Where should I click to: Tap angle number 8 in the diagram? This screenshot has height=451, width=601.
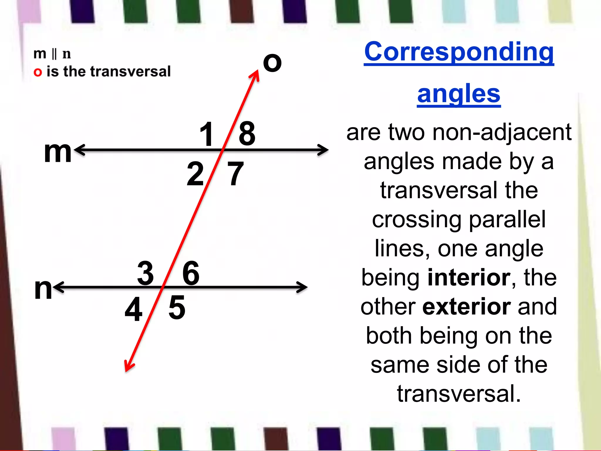pyautogui.click(x=247, y=134)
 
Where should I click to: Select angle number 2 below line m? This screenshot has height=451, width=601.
pyautogui.click(x=195, y=174)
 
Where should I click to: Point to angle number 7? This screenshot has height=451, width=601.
pyautogui.click(x=235, y=174)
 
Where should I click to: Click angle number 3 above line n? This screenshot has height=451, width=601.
pyautogui.click(x=146, y=273)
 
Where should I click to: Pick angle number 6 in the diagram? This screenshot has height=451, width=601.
pyautogui.click(x=191, y=273)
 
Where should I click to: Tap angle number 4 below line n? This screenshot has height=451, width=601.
pyautogui.click(x=134, y=309)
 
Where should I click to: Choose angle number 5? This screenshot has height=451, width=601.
pyautogui.click(x=177, y=308)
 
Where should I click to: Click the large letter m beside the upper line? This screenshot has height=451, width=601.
pyautogui.click(x=58, y=152)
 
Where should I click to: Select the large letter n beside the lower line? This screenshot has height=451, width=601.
pyautogui.click(x=43, y=289)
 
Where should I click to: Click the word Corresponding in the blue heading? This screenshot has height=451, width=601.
pyautogui.click(x=459, y=52)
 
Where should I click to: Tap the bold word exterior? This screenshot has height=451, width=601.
pyautogui.click(x=467, y=307)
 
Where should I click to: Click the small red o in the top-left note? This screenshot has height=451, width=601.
pyautogui.click(x=38, y=72)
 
